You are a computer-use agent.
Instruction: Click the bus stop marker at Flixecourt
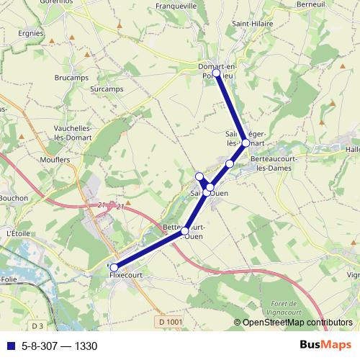point(114,267)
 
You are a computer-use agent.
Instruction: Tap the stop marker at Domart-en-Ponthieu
point(217,73)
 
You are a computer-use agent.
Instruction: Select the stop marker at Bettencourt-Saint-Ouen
point(185,231)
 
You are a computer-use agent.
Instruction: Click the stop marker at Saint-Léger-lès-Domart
point(246,143)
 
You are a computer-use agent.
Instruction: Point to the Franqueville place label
point(176,6)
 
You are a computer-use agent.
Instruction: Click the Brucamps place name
point(70,76)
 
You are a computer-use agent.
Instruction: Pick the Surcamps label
point(108,89)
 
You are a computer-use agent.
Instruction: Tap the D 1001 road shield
point(170,320)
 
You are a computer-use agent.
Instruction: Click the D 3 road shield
point(37,327)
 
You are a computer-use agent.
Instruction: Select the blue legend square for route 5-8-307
point(10,346)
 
